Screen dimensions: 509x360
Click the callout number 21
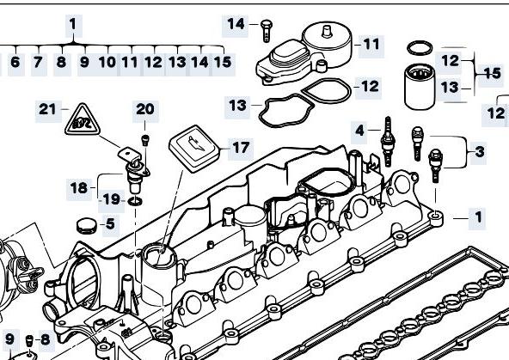pos(47,109)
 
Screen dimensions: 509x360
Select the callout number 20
pos(145,109)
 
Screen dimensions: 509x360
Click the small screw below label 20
pos(145,140)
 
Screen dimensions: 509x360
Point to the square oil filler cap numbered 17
pos(194,149)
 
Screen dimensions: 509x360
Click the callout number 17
pos(241,148)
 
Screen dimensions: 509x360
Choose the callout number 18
pos(79,188)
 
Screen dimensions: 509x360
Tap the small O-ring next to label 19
pos(135,202)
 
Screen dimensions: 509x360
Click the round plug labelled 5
pos(87,226)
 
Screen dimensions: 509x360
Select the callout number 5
pos(110,223)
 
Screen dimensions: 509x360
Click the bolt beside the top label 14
pos(266,31)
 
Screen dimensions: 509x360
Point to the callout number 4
pos(359,131)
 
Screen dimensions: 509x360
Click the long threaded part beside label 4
pos(387,142)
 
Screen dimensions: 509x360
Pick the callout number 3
pos(480,151)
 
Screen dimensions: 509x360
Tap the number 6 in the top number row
pos(15,62)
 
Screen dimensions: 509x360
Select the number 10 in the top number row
pos(107,62)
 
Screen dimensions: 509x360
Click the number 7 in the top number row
pos(38,62)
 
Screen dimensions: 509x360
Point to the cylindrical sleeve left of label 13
pos(420,87)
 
